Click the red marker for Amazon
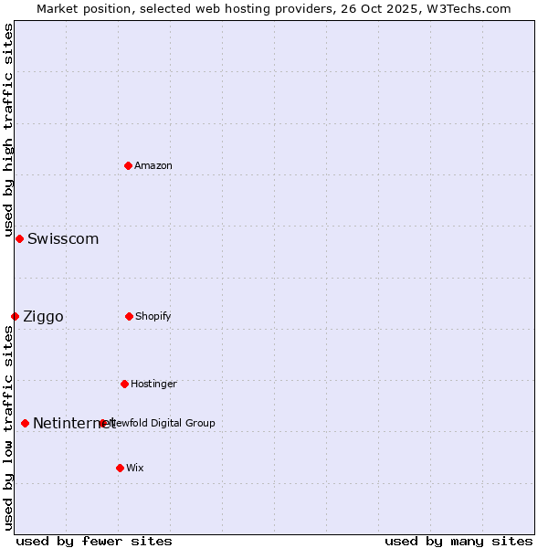129,165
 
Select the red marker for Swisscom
19,238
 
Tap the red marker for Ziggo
15,316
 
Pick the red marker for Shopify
129,316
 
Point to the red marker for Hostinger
124,384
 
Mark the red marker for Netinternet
25,423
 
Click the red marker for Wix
120,468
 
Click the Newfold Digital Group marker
102,423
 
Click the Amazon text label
153,165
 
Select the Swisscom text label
63,239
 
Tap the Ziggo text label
43,317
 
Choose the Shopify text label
153,316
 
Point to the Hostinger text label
153,384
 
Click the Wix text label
135,468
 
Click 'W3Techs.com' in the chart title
469,8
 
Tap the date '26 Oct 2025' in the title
370,8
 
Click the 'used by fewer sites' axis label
94,541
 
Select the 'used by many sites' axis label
458,541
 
